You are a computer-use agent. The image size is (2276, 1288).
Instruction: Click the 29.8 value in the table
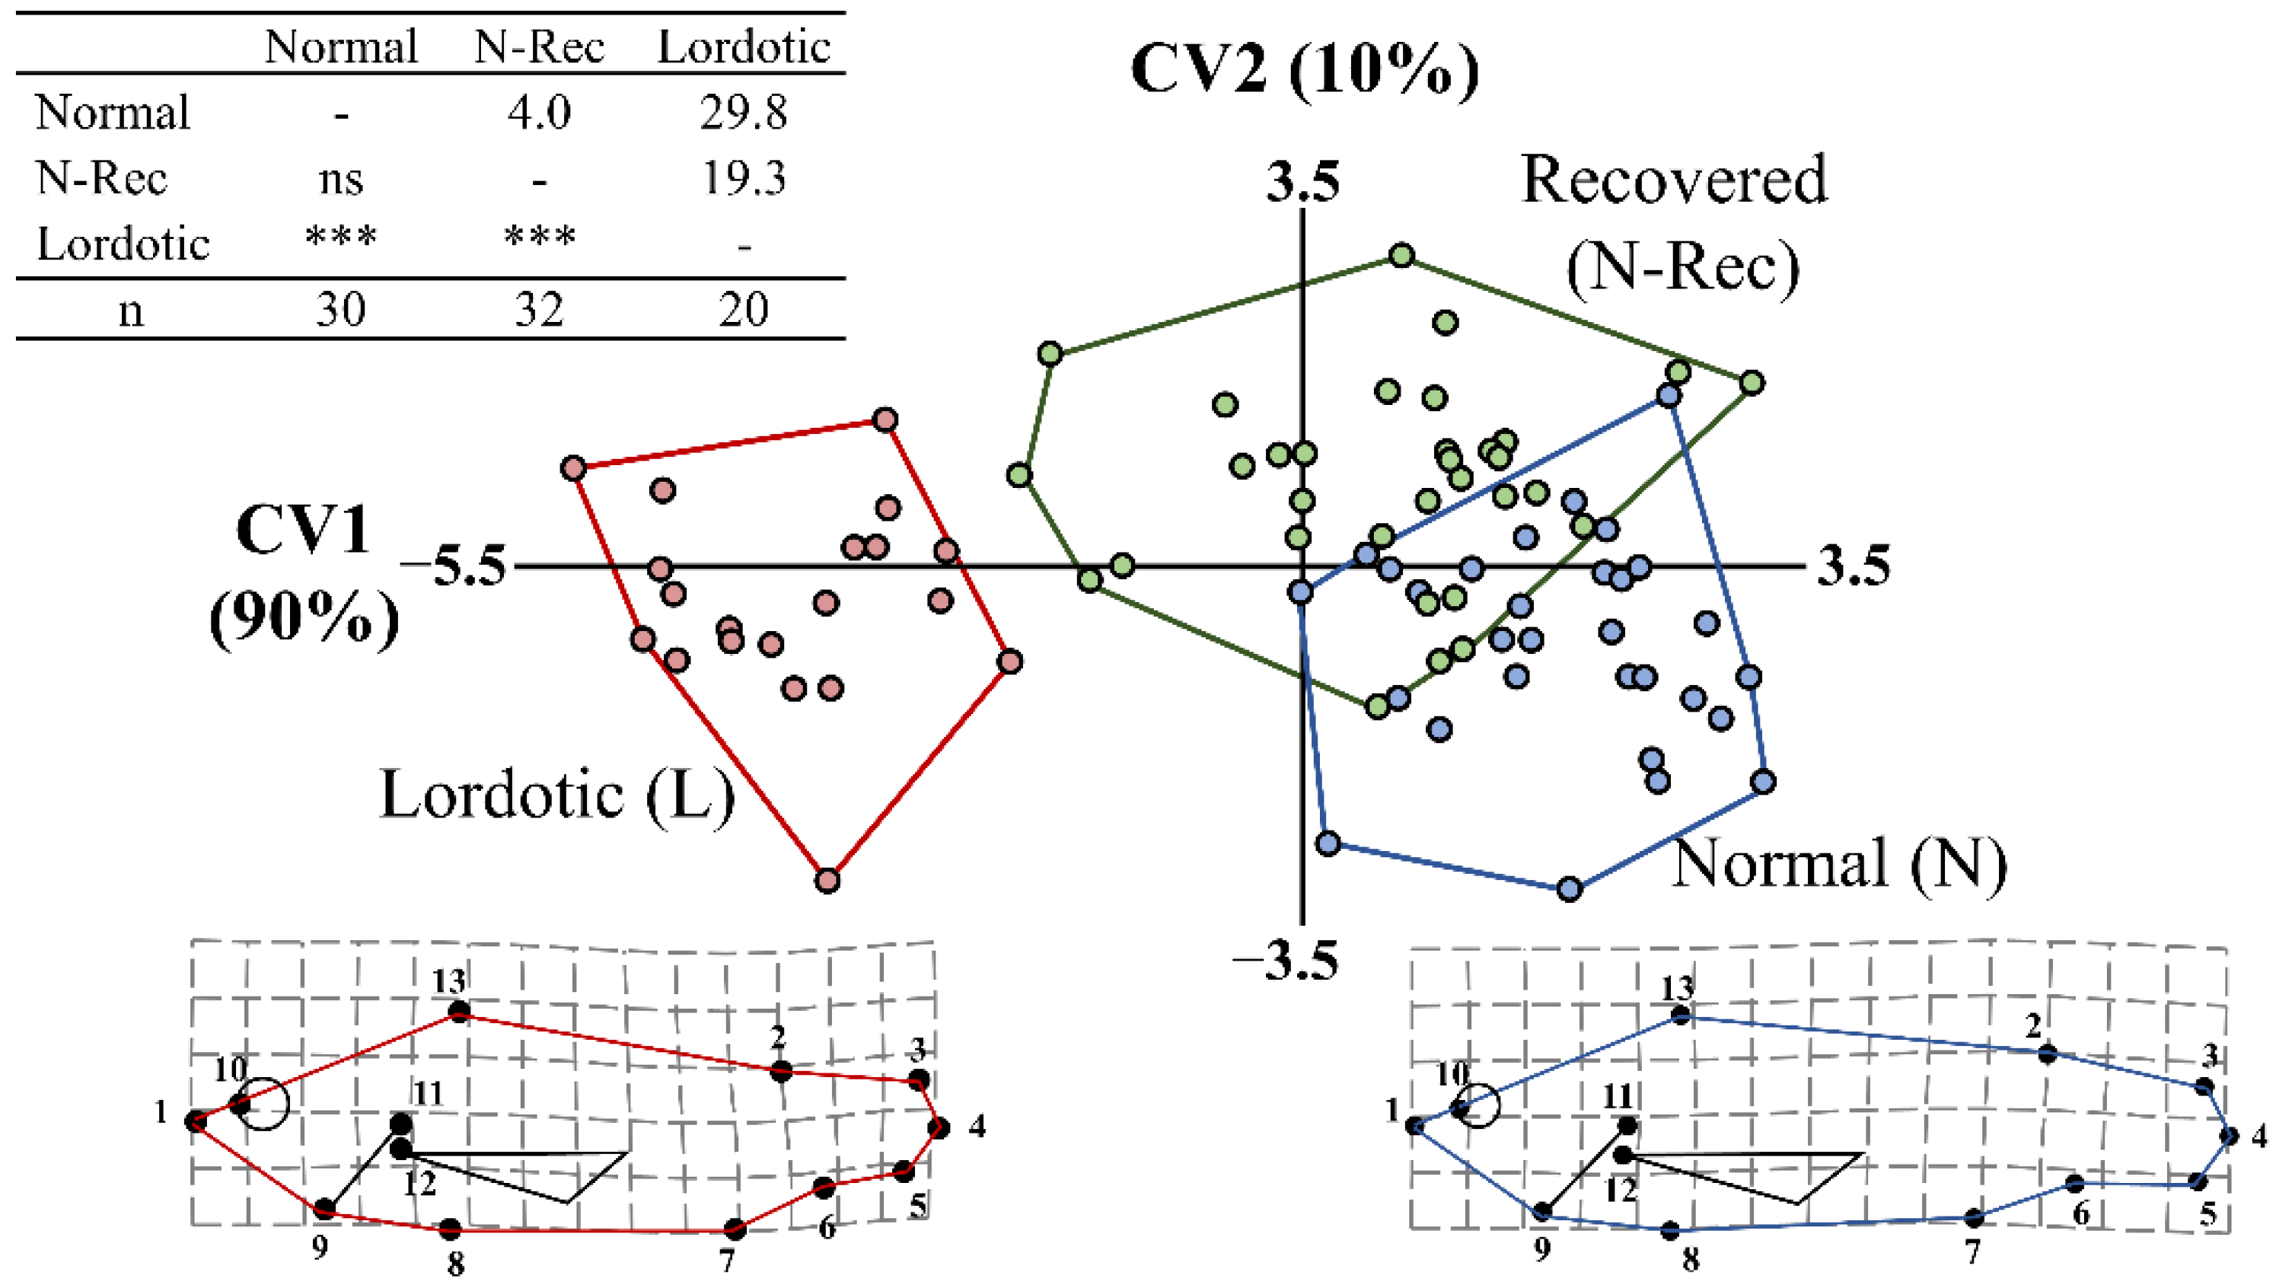[x=743, y=113]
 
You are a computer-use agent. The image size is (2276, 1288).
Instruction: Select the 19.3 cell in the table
[x=743, y=179]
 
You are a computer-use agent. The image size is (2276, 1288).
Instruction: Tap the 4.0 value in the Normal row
[x=539, y=113]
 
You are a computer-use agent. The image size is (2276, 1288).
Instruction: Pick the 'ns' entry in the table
[x=340, y=180]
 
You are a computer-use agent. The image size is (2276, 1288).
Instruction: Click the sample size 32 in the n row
[x=539, y=310]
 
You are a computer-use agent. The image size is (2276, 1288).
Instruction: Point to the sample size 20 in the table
[x=743, y=310]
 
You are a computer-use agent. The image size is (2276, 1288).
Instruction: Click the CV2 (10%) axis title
[x=1305, y=69]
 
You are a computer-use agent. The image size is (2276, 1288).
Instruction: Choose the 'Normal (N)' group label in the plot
[x=1838, y=862]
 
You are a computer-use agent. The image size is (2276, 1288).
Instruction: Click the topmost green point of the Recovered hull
[x=1402, y=257]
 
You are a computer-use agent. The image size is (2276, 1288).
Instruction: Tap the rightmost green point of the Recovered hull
[x=1752, y=383]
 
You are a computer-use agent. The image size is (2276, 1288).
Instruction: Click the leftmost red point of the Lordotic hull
[x=574, y=468]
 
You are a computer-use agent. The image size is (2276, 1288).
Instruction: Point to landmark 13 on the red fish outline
[x=458, y=1012]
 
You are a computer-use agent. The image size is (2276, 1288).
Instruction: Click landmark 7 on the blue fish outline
[x=1974, y=1218]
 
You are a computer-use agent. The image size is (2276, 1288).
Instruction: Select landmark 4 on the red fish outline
[x=939, y=1128]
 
